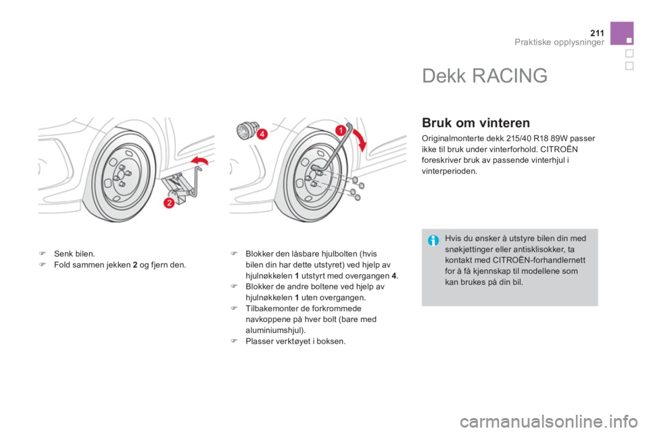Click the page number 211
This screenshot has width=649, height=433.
[x=597, y=33]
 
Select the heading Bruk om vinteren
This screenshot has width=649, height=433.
[x=475, y=123]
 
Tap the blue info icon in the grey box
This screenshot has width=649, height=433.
[x=433, y=240]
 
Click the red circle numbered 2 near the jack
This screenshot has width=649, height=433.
[x=169, y=203]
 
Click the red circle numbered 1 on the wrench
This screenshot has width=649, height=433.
[x=340, y=131]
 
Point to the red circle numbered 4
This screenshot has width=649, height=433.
[x=262, y=134]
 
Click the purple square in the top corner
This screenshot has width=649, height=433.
[x=622, y=33]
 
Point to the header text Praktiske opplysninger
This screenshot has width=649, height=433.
[x=559, y=42]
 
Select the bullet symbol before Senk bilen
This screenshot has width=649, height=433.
[x=42, y=254]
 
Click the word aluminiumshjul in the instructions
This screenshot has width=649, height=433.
[x=273, y=330]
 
